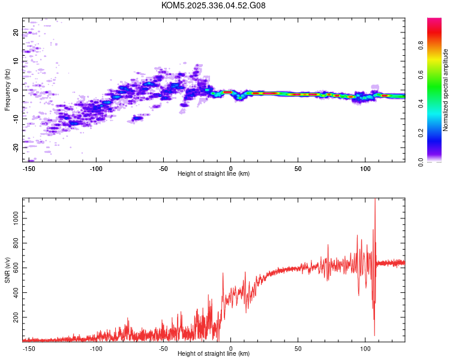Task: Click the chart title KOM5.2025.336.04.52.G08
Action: (x=214, y=5)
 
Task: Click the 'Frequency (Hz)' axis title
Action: (x=7, y=90)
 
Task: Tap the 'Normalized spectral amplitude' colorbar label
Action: (x=446, y=90)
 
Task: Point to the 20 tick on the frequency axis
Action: (x=16, y=32)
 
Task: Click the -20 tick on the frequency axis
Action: (x=16, y=147)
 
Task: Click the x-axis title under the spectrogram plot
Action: (x=214, y=174)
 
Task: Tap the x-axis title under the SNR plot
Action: (x=214, y=354)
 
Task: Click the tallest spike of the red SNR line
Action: (x=375, y=200)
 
